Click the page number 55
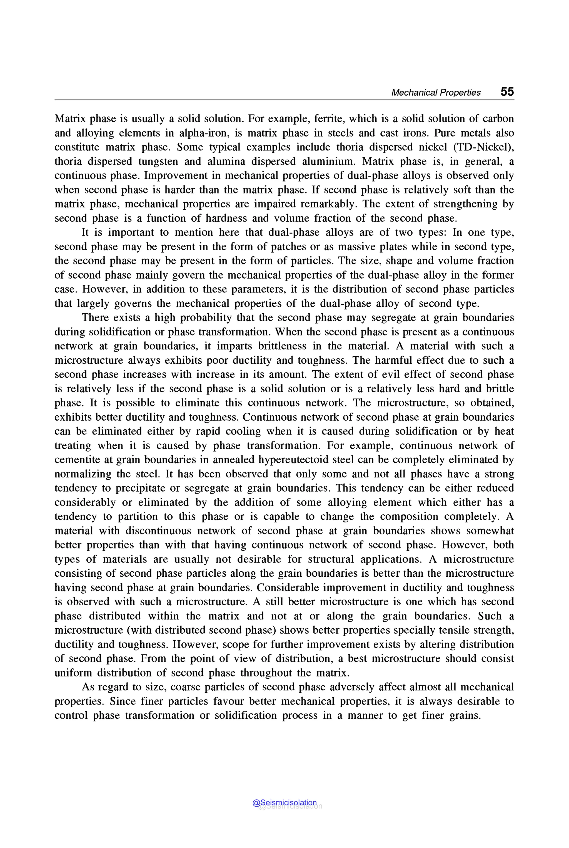[x=507, y=91]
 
